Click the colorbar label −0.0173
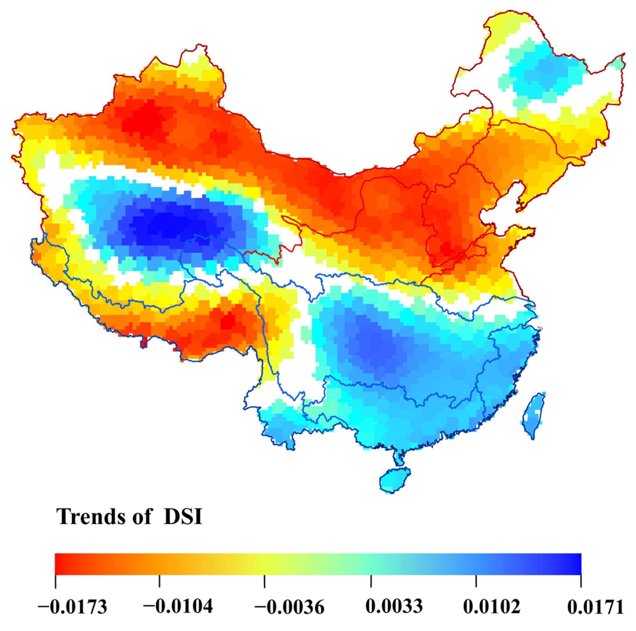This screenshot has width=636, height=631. pos(73,606)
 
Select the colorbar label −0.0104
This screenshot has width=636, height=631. pos(178,606)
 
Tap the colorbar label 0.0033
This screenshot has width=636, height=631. pos(394,606)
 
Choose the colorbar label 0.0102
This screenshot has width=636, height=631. pos(492,606)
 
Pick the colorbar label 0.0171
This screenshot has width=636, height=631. pos(596,606)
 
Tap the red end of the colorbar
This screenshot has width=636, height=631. pos(61,564)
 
